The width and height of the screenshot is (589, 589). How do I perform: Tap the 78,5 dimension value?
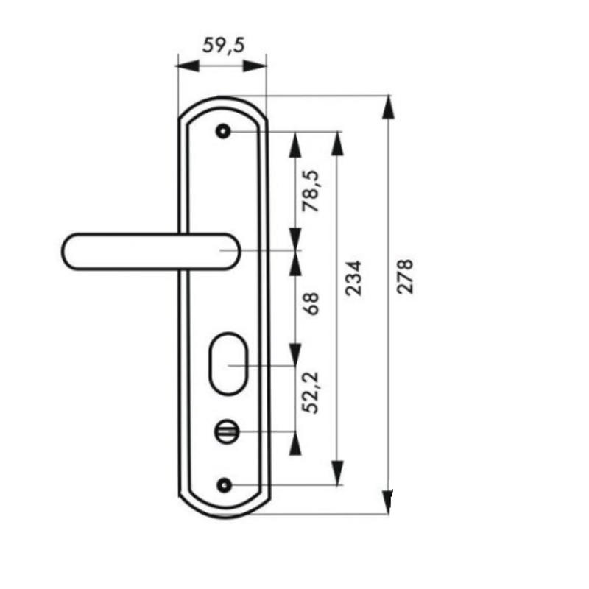(312, 191)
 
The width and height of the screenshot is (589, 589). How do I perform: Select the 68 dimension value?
(312, 304)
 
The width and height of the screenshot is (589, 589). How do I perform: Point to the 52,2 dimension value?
(312, 391)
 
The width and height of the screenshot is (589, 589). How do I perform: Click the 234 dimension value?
(354, 278)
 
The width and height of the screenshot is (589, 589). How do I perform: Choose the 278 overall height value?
(406, 276)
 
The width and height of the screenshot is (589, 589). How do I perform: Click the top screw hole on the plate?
(224, 132)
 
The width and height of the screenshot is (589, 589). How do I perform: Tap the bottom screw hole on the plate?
(224, 484)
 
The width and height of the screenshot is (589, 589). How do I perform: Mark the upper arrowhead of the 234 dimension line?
(338, 144)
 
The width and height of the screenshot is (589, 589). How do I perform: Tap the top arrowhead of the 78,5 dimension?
(295, 144)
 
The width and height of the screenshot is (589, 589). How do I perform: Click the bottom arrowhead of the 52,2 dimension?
(295, 444)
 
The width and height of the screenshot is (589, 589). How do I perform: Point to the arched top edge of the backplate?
(223, 99)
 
